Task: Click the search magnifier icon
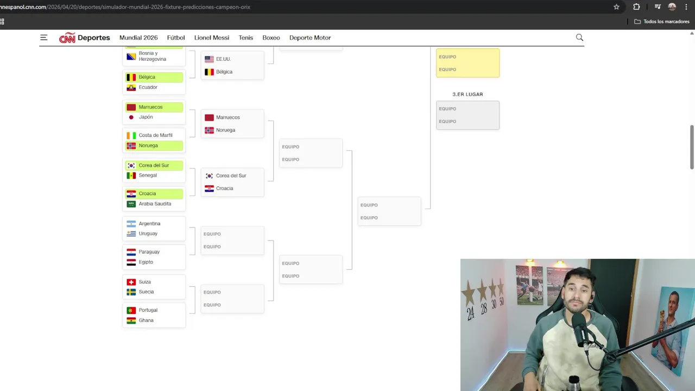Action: [579, 37]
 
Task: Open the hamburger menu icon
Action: [44, 37]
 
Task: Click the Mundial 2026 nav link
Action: [138, 37]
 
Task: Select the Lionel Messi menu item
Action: [212, 37]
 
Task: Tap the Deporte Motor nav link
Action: [310, 37]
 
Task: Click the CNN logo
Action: [67, 38]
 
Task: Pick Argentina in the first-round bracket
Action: [149, 223]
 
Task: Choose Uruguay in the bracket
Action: [148, 234]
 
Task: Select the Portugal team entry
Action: [148, 310]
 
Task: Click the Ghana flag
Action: [131, 320]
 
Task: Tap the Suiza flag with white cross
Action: [131, 282]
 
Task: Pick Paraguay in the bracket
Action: [149, 251]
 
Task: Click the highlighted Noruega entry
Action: [154, 146]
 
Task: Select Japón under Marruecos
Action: [146, 117]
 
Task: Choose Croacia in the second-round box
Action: [224, 188]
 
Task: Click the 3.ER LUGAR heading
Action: [467, 94]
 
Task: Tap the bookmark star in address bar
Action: [616, 7]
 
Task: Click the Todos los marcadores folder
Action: [662, 21]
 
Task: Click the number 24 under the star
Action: [471, 313]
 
